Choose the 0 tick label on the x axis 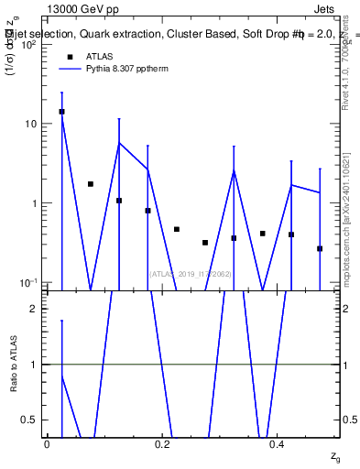(47, 443)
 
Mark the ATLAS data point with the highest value (61, 112)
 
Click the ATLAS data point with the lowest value (320, 248)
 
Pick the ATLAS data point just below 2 (90, 184)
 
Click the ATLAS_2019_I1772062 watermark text (190, 274)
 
